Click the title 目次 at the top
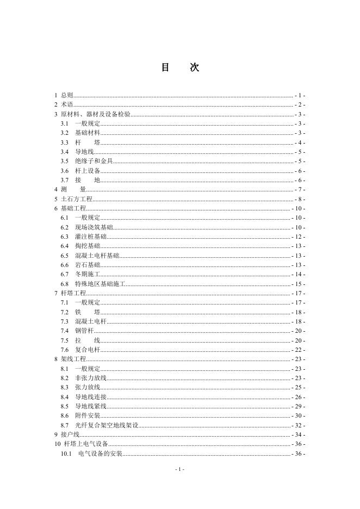click(x=180, y=68)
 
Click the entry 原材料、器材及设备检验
click(x=96, y=114)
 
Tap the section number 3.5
click(x=65, y=161)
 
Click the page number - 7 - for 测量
click(x=300, y=189)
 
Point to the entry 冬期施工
click(x=88, y=274)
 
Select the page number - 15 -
click(x=298, y=284)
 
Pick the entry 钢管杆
click(x=84, y=331)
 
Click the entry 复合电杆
click(x=88, y=350)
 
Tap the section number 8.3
click(x=65, y=387)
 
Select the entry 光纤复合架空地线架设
click(x=107, y=425)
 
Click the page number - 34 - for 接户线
click(x=298, y=434)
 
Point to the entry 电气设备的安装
click(x=101, y=453)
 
